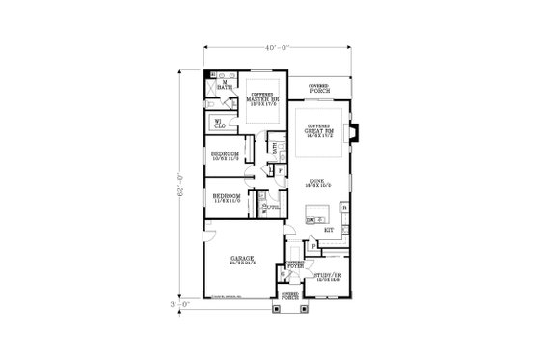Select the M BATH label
[x=225, y=85]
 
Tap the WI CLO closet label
[x=221, y=122]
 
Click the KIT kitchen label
[x=328, y=230]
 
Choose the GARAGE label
[x=241, y=260]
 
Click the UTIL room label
[x=272, y=207]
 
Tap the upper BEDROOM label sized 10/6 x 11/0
[x=225, y=155]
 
